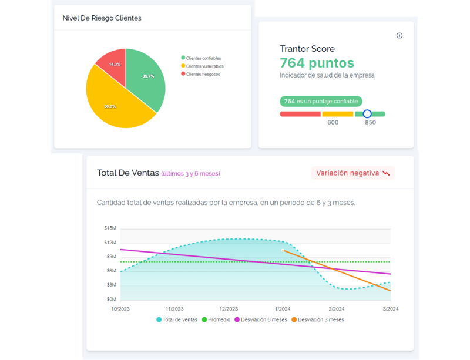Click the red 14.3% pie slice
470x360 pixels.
114,66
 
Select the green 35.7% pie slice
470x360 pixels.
144,78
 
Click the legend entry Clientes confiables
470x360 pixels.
201,58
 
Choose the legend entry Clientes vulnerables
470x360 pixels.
202,66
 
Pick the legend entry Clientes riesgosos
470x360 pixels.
200,74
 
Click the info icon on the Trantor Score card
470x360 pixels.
399,36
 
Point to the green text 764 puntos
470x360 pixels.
317,63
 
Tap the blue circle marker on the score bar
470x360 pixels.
367,114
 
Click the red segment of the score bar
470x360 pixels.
300,114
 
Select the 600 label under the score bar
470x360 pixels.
333,122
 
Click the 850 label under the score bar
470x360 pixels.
371,122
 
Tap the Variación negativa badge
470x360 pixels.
353,173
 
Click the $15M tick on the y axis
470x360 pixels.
110,228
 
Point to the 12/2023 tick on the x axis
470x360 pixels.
229,309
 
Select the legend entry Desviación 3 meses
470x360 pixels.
318,320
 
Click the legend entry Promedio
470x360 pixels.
216,320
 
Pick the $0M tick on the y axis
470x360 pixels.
111,299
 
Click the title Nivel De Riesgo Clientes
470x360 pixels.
102,18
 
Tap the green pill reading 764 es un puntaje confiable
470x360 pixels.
321,102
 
